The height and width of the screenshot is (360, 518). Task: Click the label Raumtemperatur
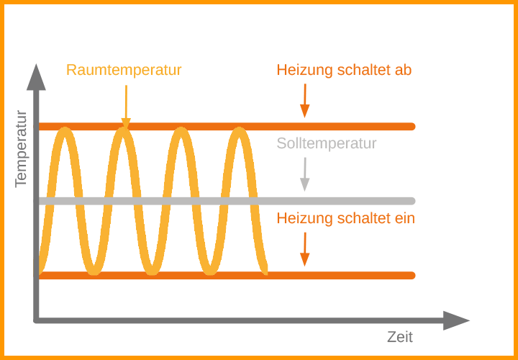124,71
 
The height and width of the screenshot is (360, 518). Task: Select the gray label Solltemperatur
327,143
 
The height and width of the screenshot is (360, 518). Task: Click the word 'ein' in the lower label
405,218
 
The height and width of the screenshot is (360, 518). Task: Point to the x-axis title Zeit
400,337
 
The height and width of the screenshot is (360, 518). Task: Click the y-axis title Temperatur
21,149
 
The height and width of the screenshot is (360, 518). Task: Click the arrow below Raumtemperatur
126,107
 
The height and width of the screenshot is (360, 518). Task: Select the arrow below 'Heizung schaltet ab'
305,101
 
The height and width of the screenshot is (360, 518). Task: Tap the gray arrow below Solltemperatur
305,174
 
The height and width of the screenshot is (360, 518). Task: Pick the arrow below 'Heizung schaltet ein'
305,249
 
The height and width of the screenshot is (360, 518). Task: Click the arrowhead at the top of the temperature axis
36,77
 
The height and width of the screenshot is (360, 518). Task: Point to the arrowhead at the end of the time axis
456,320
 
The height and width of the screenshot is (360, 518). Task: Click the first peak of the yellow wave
65,130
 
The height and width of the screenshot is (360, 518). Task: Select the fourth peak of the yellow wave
239,130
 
